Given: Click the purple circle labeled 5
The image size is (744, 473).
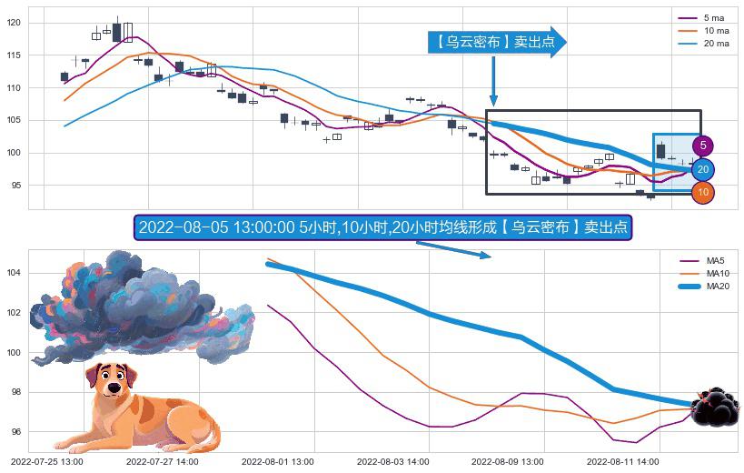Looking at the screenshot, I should (x=703, y=146).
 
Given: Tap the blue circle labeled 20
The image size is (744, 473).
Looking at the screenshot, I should (x=703, y=169).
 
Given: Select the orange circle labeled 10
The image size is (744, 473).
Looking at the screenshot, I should (x=703, y=192).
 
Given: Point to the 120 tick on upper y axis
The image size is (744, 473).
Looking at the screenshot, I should (x=14, y=23).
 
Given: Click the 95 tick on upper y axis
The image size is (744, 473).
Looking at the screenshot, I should (x=14, y=186).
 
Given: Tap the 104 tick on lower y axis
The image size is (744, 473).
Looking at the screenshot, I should (x=13, y=273).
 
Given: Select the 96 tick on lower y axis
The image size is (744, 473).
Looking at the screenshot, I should (x=13, y=432).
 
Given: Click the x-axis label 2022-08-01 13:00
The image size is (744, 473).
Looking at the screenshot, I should (x=278, y=462).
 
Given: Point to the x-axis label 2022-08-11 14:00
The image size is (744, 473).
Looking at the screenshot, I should (x=623, y=462).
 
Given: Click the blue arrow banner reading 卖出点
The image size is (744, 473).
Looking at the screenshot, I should (x=497, y=42).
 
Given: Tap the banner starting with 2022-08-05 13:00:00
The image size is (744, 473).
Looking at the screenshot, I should (x=382, y=227).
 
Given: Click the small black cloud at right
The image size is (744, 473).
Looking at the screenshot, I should (x=714, y=408).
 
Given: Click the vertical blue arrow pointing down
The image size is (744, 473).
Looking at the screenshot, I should (x=493, y=82).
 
